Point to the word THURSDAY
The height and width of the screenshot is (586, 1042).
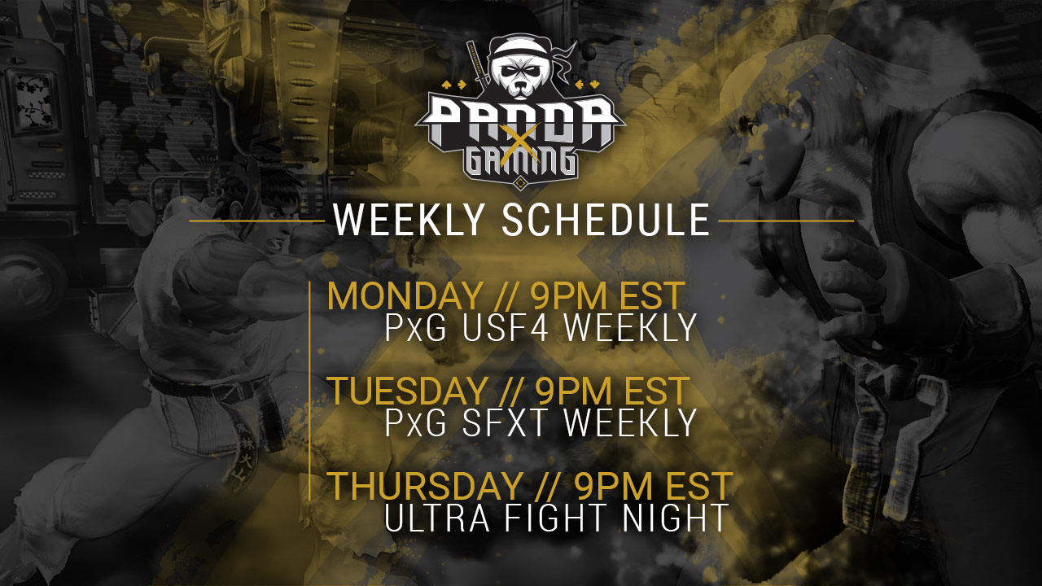(424, 486)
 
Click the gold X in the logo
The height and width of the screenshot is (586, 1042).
(521, 139)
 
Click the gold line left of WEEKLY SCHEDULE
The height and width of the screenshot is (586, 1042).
(256, 221)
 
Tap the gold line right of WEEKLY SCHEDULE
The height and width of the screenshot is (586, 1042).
(786, 221)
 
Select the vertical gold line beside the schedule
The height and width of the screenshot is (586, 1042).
(310, 391)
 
